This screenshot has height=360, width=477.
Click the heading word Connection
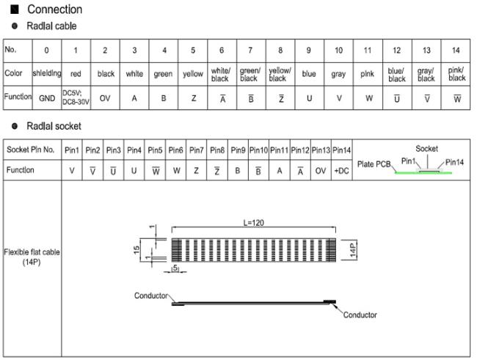click(x=55, y=9)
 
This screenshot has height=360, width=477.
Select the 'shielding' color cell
click(x=47, y=73)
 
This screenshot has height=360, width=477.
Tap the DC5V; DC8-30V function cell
click(x=76, y=98)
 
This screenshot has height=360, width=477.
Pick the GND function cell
click(x=47, y=98)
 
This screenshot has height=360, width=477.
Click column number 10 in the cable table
click(x=338, y=50)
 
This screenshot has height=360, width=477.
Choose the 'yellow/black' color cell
click(x=280, y=75)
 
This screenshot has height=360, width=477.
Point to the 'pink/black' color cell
click(x=456, y=74)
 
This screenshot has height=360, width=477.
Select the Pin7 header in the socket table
click(x=196, y=150)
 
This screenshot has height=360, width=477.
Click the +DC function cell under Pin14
click(x=341, y=171)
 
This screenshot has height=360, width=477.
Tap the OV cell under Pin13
click(x=321, y=171)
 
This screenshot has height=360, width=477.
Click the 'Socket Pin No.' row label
click(x=30, y=150)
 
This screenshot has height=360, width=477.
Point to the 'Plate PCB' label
click(x=374, y=164)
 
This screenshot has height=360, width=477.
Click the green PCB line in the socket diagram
click(x=423, y=173)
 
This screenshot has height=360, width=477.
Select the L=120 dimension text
click(x=253, y=223)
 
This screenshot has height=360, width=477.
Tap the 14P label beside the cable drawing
click(x=352, y=250)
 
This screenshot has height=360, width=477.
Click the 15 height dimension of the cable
click(x=136, y=250)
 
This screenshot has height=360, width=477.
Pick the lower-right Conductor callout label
click(x=360, y=315)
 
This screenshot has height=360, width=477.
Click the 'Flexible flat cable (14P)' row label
click(x=32, y=257)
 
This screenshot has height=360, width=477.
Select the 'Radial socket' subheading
click(x=54, y=126)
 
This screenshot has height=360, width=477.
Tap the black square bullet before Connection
click(x=15, y=10)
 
